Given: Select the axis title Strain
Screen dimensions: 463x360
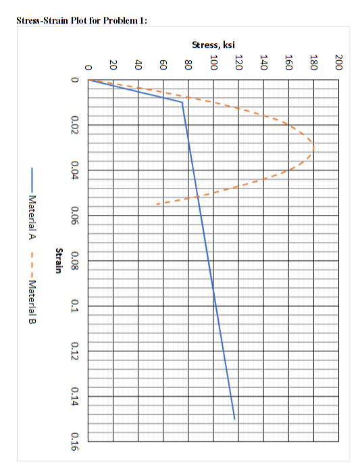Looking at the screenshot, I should pyautogui.click(x=59, y=260).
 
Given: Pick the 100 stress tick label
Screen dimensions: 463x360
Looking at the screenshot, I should pyautogui.click(x=213, y=63).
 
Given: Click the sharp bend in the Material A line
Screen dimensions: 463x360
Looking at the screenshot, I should pyautogui.click(x=182, y=103).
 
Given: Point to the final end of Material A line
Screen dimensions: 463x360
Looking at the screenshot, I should pyautogui.click(x=235, y=419).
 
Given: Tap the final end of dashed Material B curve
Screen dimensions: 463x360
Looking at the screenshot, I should pyautogui.click(x=157, y=203).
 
